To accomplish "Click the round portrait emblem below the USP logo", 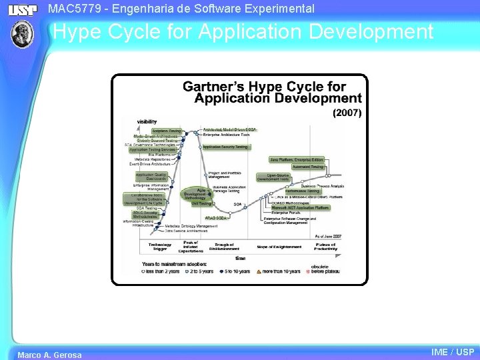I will (x=22, y=34).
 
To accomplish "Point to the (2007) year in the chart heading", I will (x=347, y=113).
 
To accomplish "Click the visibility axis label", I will (x=147, y=121).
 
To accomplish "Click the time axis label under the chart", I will (x=240, y=258).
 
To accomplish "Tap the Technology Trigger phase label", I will (x=160, y=247).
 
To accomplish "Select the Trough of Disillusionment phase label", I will (x=224, y=247).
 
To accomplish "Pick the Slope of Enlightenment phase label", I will (x=279, y=247).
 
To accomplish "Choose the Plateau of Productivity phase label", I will (x=326, y=247).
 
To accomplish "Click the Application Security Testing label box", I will (x=225, y=147).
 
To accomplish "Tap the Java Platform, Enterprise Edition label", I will (x=297, y=160).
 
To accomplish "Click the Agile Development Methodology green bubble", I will (x=195, y=194).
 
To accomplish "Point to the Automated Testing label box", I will (x=307, y=167).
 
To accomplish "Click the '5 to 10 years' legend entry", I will (x=235, y=271).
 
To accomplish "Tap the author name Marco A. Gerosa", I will (x=49, y=355).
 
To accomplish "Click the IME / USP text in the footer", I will (x=453, y=352).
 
